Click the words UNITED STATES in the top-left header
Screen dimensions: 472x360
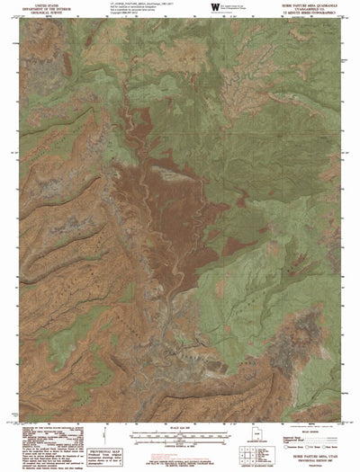tap(43, 4)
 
